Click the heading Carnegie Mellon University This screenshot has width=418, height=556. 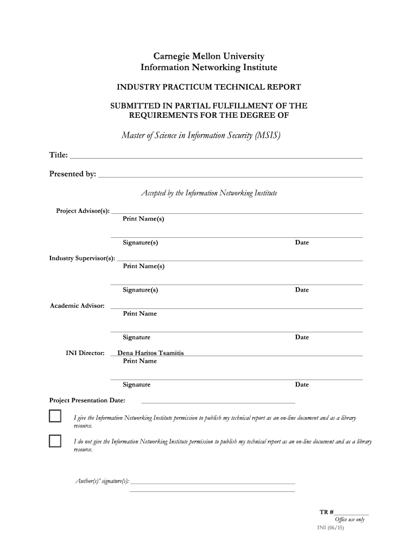click(x=209, y=56)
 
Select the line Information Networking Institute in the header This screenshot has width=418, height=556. click(x=209, y=67)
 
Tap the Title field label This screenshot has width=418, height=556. click(x=59, y=156)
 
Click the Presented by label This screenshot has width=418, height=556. click(x=73, y=174)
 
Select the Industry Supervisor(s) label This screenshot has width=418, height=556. click(x=82, y=258)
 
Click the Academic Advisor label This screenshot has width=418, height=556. click(x=77, y=306)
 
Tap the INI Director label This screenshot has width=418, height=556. click(x=85, y=353)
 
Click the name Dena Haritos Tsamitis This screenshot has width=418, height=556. click(x=147, y=353)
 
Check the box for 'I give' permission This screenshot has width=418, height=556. click(x=55, y=417)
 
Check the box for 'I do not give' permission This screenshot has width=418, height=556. click(x=55, y=441)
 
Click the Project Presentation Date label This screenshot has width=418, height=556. click(x=87, y=401)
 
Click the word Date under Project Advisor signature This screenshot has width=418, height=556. click(x=302, y=243)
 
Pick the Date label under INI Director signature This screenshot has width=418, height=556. click(x=302, y=384)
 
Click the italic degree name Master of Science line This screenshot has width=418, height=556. click(x=201, y=135)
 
